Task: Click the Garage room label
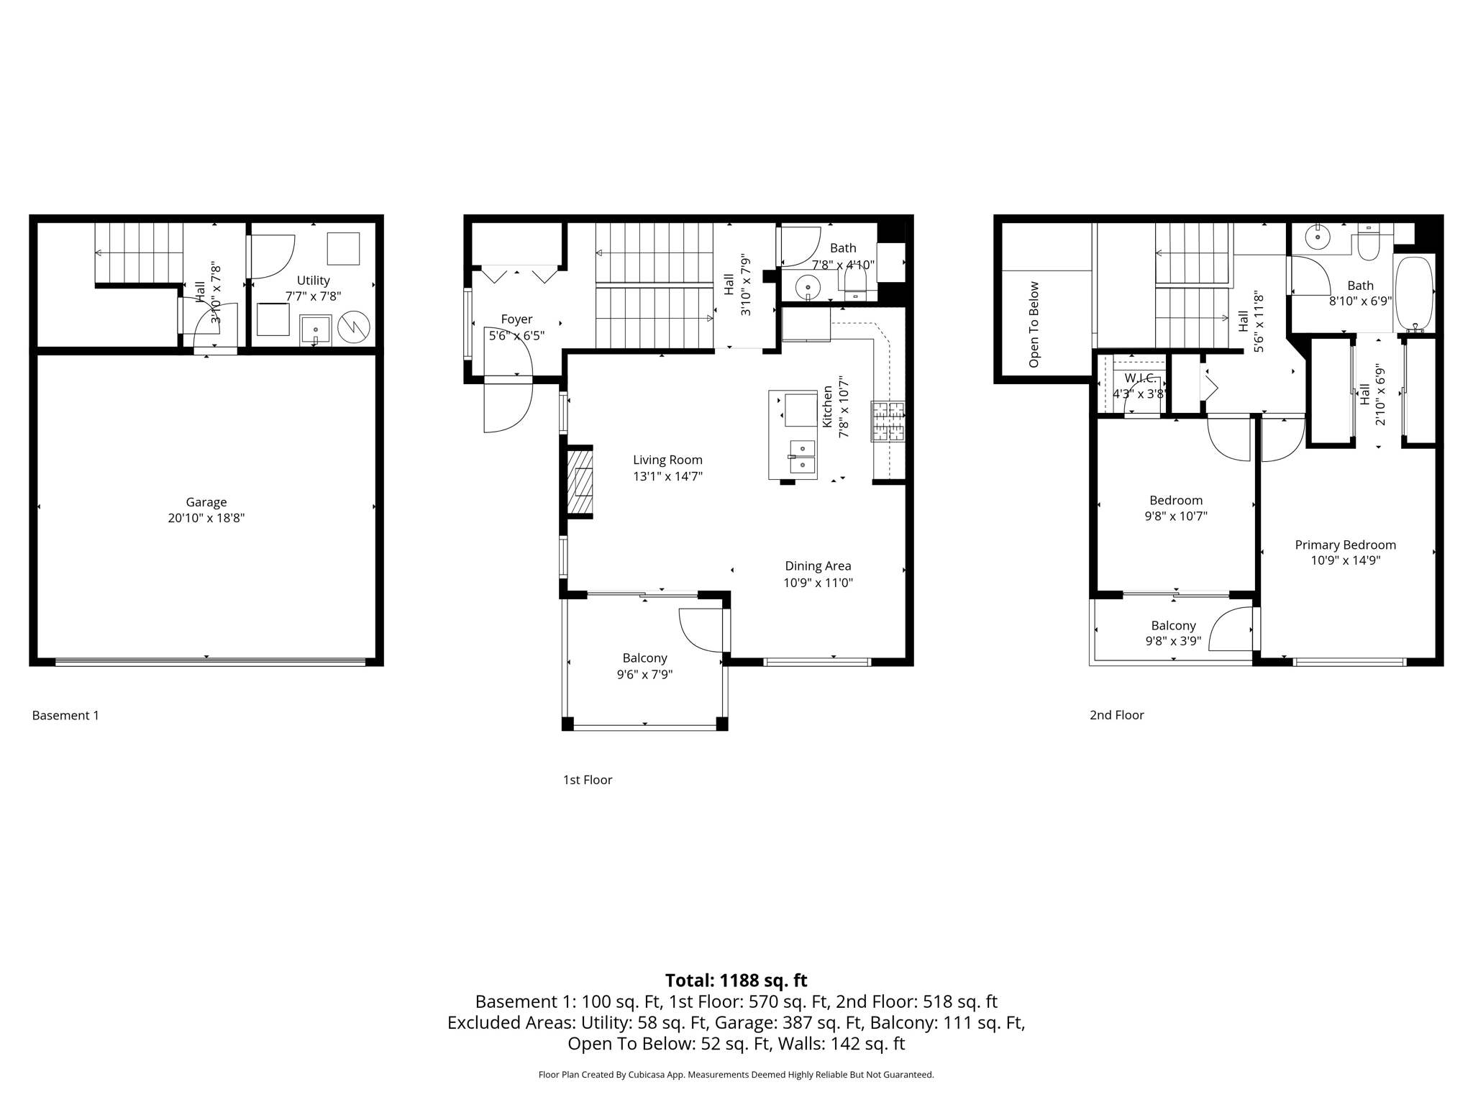[x=206, y=502]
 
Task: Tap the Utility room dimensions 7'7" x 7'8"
[x=313, y=296]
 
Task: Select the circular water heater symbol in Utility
[x=354, y=327]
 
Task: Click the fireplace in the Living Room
[x=580, y=482]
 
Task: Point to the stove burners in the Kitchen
[x=888, y=422]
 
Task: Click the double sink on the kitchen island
[x=802, y=457]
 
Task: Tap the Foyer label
[x=516, y=319]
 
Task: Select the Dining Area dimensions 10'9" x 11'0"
[x=818, y=583]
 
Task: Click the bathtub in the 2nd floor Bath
[x=1415, y=293]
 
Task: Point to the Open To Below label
[x=1034, y=324]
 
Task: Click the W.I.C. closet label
[x=1140, y=378]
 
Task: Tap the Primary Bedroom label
[x=1345, y=545]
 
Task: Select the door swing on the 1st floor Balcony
[x=699, y=629]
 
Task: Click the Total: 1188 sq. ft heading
[x=736, y=981]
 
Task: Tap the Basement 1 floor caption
[x=65, y=715]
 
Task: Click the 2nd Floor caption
[x=1116, y=715]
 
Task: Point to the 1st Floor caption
[x=587, y=780]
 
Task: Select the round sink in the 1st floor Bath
[x=808, y=288]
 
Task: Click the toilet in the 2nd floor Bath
[x=1368, y=245]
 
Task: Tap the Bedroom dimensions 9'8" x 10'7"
[x=1176, y=516]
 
